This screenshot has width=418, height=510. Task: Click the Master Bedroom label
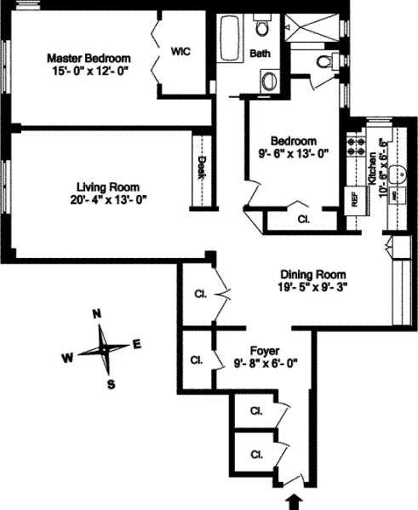[89, 58]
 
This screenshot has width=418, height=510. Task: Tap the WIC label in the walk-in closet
[180, 51]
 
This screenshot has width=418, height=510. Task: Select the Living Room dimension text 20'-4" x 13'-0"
[108, 201]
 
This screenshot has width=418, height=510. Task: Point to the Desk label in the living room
[202, 165]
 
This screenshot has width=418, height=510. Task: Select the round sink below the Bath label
[270, 81]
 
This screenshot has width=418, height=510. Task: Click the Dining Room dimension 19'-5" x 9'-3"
[313, 288]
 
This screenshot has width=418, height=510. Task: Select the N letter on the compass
[98, 313]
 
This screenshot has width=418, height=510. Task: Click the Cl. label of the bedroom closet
[303, 217]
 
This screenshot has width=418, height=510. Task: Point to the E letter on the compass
[137, 344]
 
